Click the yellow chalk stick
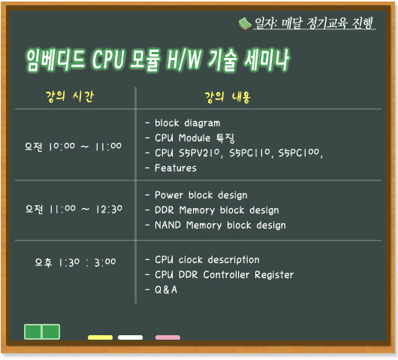coord(101,337)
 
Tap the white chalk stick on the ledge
coord(130,337)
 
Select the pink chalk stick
coord(167,337)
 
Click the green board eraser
coord(42,331)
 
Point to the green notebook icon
coord(245,23)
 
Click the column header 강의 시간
coord(70,96)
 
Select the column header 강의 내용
coord(228,97)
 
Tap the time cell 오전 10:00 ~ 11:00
coord(73,147)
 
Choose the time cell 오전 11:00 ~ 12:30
coord(74,210)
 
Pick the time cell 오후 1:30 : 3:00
coord(75,262)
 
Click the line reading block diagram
coord(188,123)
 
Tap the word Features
coord(176,168)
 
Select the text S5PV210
coord(201,153)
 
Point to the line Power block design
coord(201,195)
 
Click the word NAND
coord(167,225)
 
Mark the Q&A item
coord(166,289)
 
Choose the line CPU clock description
coord(207,260)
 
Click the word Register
coord(274,275)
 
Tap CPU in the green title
coord(108,59)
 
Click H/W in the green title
coord(184,59)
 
